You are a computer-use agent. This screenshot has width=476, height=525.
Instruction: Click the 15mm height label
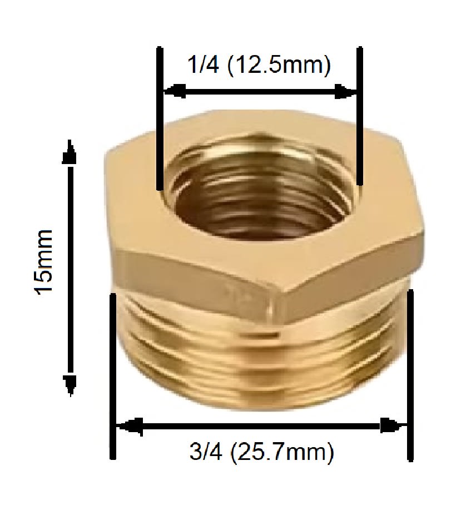pos(44,261)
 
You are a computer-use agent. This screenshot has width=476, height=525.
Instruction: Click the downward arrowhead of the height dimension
pos(71,384)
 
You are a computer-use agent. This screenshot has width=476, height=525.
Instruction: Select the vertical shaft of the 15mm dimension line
pos(71,267)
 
